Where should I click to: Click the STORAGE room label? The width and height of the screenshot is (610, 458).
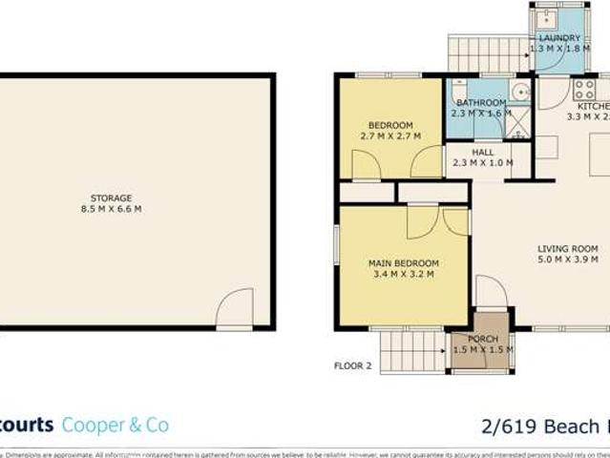click(112, 198)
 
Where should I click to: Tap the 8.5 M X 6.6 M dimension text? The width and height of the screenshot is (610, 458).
click(112, 209)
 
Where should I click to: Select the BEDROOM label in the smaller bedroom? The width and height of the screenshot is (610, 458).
click(390, 125)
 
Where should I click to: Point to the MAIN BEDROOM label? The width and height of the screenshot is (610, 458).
click(404, 263)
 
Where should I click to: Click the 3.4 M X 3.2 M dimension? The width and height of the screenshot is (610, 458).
click(404, 275)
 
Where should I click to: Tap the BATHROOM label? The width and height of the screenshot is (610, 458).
click(481, 103)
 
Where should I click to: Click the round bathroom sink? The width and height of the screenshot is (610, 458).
click(520, 92)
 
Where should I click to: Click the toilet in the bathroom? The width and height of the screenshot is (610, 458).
click(460, 90)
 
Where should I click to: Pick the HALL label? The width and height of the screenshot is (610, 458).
click(483, 152)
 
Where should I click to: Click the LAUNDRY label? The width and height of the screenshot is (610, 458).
click(559, 38)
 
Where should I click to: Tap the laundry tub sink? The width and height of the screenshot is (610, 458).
click(549, 18)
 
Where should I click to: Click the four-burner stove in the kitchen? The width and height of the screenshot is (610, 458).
click(584, 90)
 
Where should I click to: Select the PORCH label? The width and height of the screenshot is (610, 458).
click(483, 339)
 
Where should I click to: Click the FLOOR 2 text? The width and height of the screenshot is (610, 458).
click(352, 365)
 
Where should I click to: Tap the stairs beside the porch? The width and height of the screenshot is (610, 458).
click(413, 350)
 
